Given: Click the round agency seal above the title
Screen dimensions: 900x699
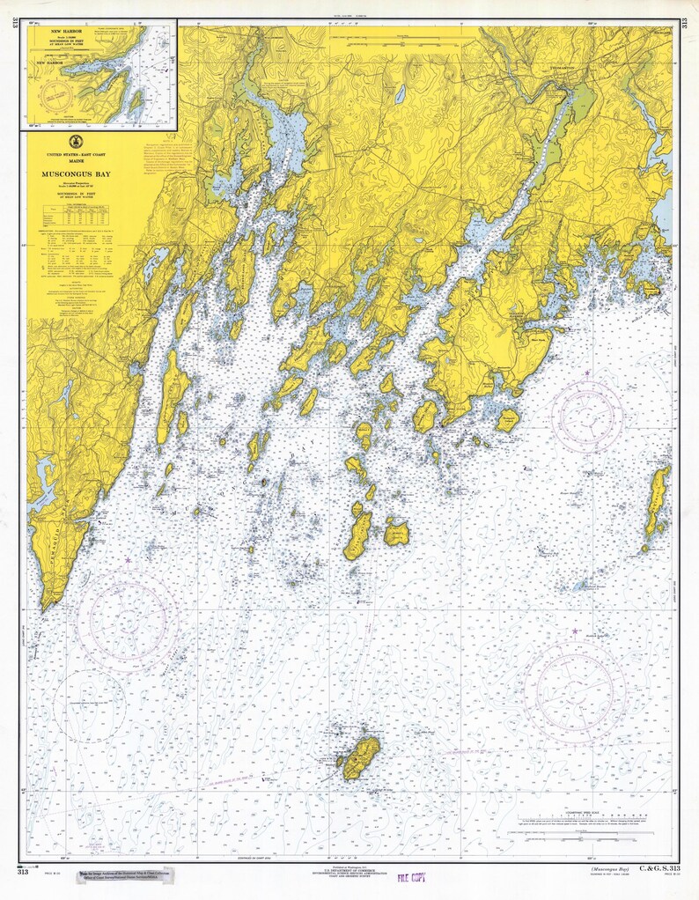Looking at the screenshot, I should [x=74, y=142].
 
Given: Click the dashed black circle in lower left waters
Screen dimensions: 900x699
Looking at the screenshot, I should [x=89, y=704].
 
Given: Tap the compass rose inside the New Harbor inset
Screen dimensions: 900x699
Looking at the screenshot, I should [x=60, y=94].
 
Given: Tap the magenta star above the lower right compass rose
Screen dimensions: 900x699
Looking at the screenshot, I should [x=576, y=631].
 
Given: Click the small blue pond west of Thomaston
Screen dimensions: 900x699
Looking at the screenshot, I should [x=401, y=92].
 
